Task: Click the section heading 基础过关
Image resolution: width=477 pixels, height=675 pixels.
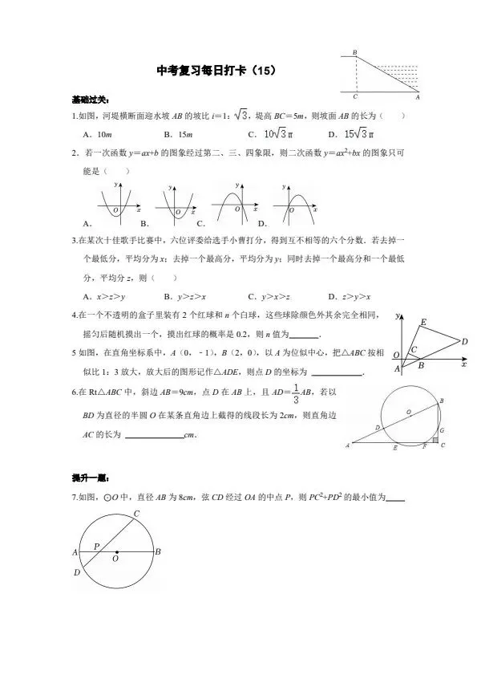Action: (87, 101)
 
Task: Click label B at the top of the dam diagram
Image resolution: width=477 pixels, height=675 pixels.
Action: (354, 53)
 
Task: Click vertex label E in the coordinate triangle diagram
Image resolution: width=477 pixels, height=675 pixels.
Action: (422, 323)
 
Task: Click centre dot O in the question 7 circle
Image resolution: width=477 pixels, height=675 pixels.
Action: (117, 551)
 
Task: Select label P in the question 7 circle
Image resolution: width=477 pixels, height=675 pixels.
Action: (96, 546)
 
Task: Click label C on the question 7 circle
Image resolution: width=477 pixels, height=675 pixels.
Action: (136, 514)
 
